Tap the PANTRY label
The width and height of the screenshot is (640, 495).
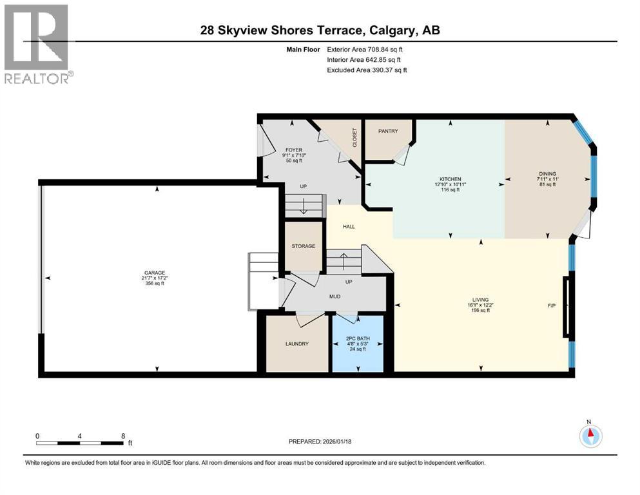(387, 131)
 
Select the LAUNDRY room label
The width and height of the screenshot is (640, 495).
(297, 344)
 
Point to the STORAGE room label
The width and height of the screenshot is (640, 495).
(303, 246)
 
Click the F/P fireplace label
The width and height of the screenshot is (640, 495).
(552, 305)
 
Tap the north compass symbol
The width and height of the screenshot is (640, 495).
(590, 436)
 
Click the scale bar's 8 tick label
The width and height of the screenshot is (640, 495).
(123, 436)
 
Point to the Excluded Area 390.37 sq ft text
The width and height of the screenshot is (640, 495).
(367, 70)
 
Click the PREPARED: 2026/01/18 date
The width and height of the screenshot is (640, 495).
(320, 442)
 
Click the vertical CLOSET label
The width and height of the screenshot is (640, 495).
(354, 137)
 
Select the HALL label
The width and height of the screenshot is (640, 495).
(349, 226)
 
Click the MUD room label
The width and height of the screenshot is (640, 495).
(335, 296)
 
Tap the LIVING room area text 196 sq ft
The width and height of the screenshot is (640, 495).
(480, 310)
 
